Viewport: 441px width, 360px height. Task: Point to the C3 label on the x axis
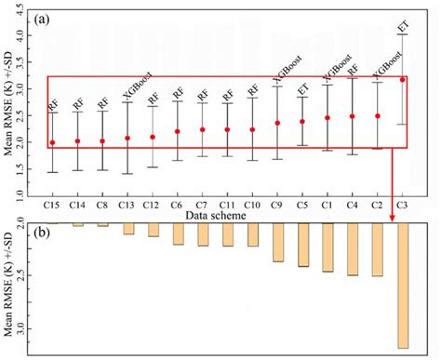[x=402, y=203]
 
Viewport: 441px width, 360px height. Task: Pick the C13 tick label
[x=127, y=203]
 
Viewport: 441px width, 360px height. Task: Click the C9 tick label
[x=277, y=203]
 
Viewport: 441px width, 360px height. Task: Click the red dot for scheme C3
[x=402, y=80]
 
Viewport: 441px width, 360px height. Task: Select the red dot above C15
[x=53, y=142]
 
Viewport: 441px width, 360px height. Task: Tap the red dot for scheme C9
[x=277, y=123]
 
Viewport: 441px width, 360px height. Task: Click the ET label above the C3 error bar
[x=402, y=26]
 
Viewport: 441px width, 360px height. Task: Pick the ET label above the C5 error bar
[x=302, y=89]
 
